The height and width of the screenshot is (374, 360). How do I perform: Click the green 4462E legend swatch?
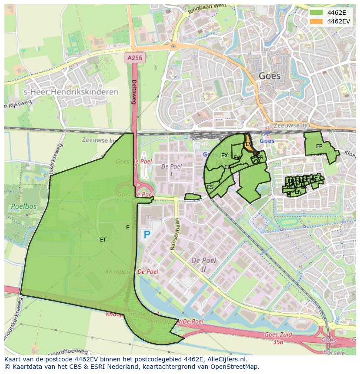(x=317, y=13)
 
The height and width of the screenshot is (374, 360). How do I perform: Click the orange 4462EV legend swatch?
(x=317, y=21)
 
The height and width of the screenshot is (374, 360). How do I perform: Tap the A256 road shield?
(x=135, y=57)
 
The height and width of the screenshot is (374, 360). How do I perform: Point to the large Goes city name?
(x=270, y=76)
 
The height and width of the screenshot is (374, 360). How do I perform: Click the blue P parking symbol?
(x=147, y=235)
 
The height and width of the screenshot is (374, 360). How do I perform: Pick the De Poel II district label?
(x=204, y=265)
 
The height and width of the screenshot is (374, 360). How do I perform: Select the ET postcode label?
(x=103, y=240)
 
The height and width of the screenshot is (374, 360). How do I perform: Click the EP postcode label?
(x=319, y=146)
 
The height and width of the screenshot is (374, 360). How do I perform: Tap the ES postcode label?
(x=210, y=187)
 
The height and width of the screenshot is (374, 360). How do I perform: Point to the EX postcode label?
(x=224, y=156)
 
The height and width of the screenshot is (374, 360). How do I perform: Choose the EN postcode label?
(x=298, y=192)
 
